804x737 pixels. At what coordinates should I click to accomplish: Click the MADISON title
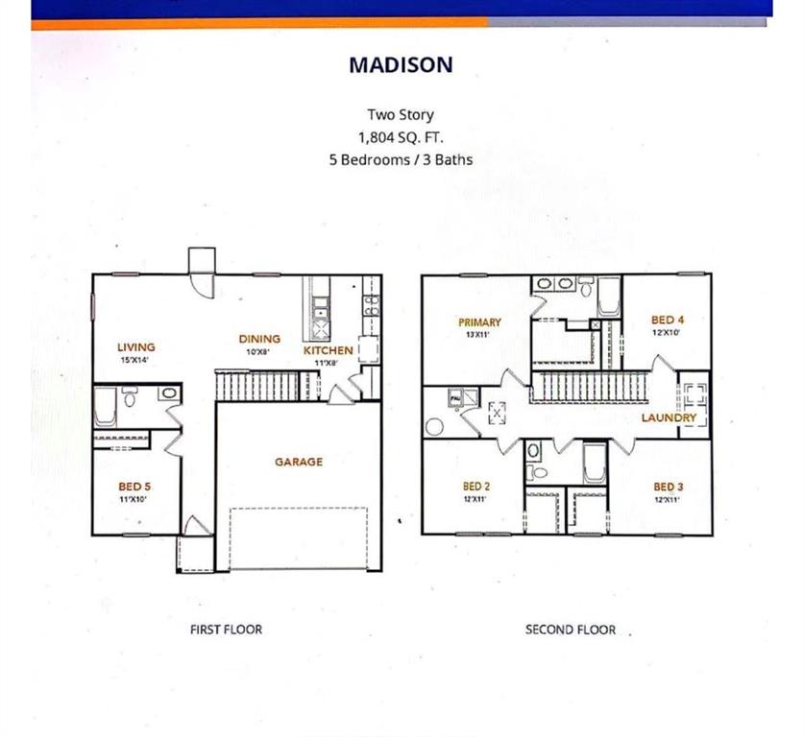(401, 65)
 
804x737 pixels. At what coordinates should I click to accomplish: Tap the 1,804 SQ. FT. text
(401, 136)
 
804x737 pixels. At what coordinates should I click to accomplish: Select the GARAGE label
(299, 462)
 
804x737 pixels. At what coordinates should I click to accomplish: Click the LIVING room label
(136, 346)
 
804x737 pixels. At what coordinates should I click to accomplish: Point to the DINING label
(259, 339)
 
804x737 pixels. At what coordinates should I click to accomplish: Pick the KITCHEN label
(328, 351)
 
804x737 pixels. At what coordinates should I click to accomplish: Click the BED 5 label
(134, 487)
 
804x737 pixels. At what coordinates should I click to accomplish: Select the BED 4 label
(667, 320)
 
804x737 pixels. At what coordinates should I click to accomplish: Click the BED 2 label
(477, 487)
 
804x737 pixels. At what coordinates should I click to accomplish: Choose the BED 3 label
(669, 487)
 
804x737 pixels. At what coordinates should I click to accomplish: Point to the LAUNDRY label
(669, 417)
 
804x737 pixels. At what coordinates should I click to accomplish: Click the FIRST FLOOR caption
(227, 630)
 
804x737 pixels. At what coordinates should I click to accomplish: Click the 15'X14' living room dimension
(136, 360)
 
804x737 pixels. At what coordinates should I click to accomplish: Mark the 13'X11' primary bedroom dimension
(478, 335)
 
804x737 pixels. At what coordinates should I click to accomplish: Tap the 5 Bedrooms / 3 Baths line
(401, 159)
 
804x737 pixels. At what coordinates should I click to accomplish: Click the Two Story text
(401, 115)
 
